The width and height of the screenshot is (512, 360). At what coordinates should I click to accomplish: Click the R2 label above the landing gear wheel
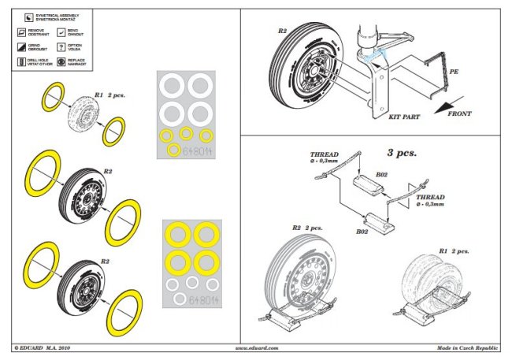click(283, 32)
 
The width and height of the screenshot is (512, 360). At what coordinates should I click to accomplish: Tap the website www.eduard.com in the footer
click(258, 347)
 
